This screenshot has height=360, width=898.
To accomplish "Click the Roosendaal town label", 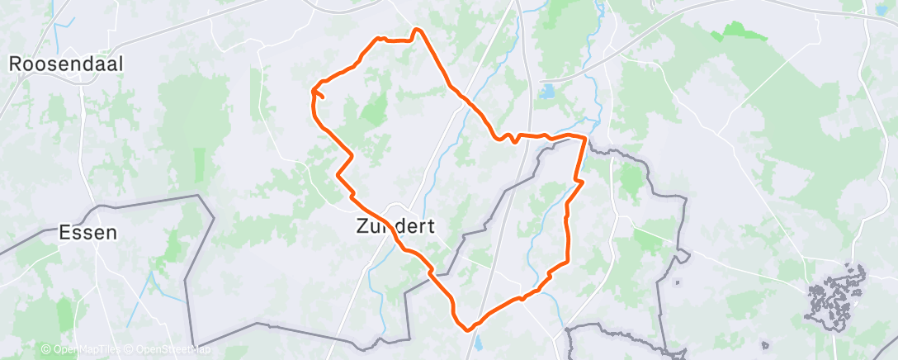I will (66, 63).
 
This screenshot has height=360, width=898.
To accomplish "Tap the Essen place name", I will (87, 233).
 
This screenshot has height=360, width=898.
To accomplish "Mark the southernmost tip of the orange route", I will (469, 329).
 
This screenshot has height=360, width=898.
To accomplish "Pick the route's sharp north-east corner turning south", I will (585, 137).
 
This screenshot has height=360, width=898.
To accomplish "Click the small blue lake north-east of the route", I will (547, 92).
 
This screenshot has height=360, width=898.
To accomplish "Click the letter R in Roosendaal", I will (14, 63).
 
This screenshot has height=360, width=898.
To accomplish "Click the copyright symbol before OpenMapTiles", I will (45, 349).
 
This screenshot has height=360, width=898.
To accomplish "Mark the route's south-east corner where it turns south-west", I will (568, 262).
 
